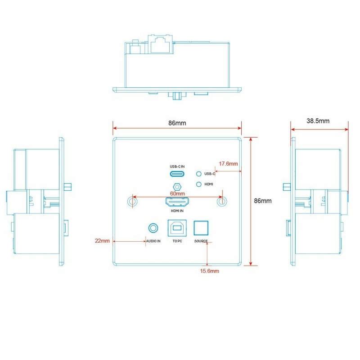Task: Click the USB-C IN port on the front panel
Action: coord(177,174)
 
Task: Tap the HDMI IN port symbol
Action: coord(177,202)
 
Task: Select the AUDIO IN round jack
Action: coord(153,228)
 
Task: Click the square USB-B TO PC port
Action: coord(177,228)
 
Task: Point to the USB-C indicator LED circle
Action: coord(199,174)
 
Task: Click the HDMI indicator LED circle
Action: coord(199,184)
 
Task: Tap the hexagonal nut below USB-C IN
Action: coord(177,187)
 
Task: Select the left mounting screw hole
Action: coord(132,202)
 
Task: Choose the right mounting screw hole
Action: coord(222,202)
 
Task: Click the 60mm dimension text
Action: coord(177,193)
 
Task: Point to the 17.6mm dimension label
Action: coord(228,164)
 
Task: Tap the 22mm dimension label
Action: coord(102,241)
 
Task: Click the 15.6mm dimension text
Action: coord(209,271)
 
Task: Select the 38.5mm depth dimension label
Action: coord(318,121)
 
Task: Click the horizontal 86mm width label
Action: coord(177,123)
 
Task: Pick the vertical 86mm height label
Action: coord(263,201)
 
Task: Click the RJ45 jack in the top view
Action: coord(160,44)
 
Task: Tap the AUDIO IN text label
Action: coord(153,241)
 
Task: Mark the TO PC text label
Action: coord(177,241)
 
